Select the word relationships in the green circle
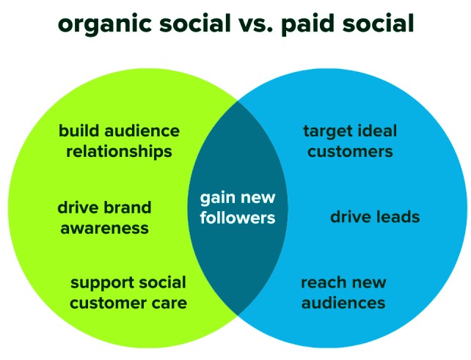click(x=119, y=151)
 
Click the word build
click(x=78, y=131)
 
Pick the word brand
click(x=128, y=207)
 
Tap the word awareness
click(x=104, y=228)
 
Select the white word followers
click(x=238, y=217)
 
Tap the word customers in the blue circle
click(x=350, y=151)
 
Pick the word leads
click(x=398, y=216)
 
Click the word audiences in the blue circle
click(x=343, y=302)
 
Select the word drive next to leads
click(x=351, y=216)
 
